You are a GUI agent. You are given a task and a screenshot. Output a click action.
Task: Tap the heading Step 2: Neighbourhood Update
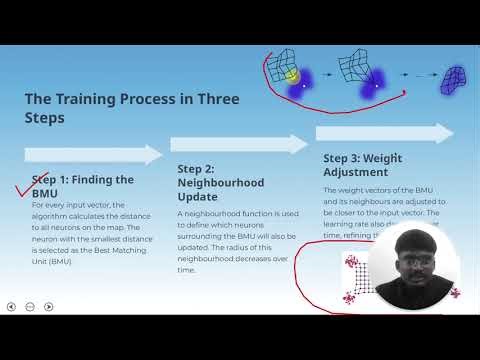point(220,176)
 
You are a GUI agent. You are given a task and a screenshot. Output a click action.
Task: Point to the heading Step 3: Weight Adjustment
point(363,165)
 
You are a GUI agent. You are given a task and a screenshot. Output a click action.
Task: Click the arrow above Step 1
point(92,154)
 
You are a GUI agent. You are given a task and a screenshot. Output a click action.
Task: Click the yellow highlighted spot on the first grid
point(291,75)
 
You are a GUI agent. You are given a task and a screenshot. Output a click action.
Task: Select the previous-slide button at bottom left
point(11,306)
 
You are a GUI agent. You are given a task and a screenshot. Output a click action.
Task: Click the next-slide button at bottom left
point(48,306)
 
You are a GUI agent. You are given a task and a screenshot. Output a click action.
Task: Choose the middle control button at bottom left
point(30,306)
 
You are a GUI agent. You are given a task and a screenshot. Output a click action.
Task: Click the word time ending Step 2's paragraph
point(187,269)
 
